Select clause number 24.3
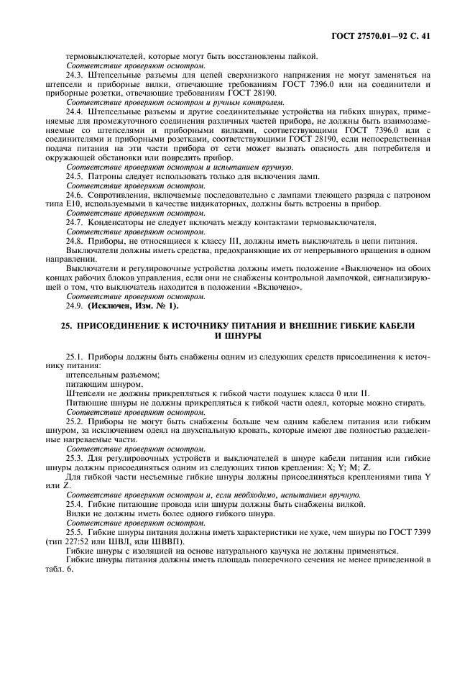click(x=75, y=75)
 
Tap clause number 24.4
click(x=75, y=113)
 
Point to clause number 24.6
click(x=75, y=196)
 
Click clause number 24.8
click(x=75, y=241)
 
